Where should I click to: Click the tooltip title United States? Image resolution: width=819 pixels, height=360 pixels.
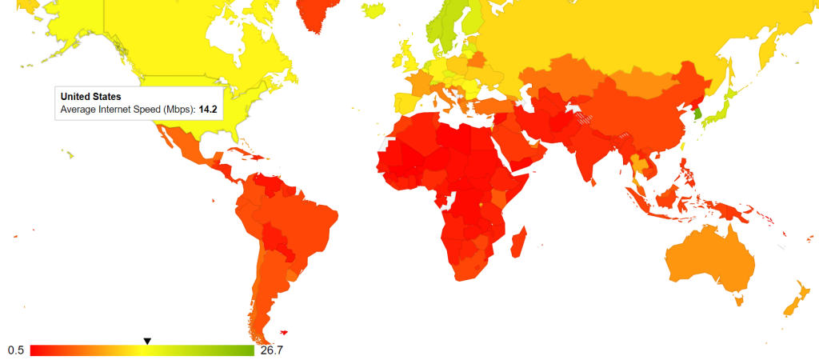[x=90, y=97]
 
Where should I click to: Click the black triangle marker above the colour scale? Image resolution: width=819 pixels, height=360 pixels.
[x=147, y=342]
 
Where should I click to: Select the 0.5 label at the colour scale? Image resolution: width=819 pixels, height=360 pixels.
[x=15, y=350]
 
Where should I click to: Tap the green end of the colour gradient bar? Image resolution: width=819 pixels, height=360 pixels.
[x=248, y=350]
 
